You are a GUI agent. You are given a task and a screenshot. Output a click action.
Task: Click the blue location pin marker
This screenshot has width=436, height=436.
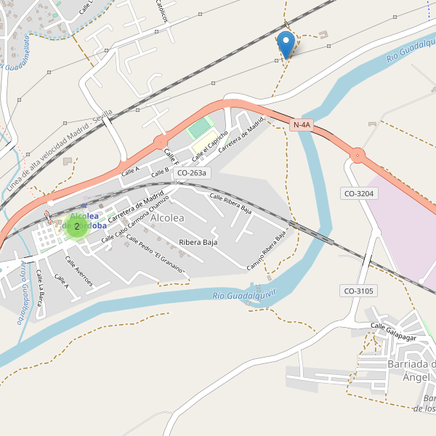287,44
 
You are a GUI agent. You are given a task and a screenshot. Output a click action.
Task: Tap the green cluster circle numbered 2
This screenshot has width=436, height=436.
77,226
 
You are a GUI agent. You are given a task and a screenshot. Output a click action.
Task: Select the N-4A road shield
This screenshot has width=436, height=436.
302,125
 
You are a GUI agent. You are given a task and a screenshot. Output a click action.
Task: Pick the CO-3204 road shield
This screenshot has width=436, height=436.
358,193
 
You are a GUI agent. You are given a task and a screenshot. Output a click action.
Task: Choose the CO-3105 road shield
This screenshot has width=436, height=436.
358,291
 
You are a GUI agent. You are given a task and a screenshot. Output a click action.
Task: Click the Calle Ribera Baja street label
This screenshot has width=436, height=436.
230,203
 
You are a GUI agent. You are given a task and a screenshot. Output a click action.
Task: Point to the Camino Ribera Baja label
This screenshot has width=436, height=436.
267,251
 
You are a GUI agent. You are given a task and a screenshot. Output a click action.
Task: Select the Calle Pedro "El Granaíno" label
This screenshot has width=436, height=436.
155,254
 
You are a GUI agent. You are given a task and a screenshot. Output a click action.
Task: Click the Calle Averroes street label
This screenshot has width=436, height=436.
78,271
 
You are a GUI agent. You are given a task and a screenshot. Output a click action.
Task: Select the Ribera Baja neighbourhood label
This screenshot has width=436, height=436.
198,242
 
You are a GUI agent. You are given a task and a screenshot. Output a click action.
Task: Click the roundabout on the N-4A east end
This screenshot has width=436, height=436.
357,156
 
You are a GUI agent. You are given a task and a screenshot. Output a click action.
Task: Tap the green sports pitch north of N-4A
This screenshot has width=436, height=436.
198,129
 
